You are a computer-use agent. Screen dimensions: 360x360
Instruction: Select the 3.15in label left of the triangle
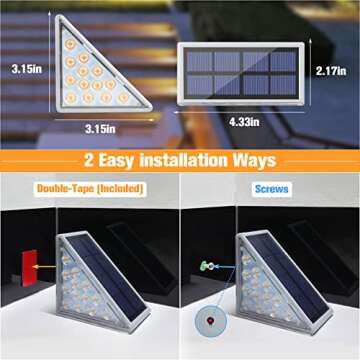click(24, 69)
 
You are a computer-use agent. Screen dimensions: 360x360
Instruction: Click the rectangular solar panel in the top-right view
click(241, 72)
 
